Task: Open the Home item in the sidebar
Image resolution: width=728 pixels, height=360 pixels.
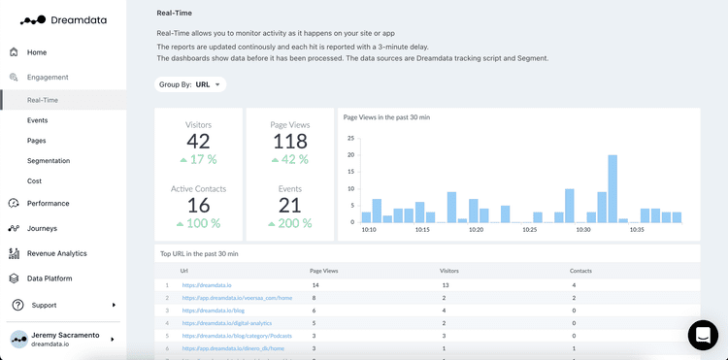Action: (36, 52)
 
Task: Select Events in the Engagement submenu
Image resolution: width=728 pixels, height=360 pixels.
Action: (37, 120)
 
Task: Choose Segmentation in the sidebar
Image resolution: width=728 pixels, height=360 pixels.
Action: (49, 161)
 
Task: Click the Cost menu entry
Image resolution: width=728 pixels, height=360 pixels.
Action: (34, 181)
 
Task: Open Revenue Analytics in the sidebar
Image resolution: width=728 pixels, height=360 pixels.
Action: (56, 253)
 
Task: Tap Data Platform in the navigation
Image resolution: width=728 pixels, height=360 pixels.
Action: (49, 278)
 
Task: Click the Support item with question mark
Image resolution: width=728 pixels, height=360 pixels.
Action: (44, 305)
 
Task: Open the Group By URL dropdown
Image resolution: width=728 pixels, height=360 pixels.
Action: (190, 84)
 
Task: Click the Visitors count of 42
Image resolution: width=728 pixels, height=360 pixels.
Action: (198, 142)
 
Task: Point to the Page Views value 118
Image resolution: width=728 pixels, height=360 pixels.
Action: (289, 142)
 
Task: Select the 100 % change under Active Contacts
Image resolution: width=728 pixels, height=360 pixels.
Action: (198, 224)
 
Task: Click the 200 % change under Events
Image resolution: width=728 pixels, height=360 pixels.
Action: (289, 224)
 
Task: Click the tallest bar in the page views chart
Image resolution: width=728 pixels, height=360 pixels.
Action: (612, 188)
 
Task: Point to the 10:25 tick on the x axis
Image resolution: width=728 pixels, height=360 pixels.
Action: (529, 230)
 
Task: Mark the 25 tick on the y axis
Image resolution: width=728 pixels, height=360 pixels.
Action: (350, 138)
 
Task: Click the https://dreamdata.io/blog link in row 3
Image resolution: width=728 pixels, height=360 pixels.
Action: (214, 311)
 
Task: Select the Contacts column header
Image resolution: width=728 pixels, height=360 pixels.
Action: (580, 271)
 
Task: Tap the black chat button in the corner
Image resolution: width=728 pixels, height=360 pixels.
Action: (703, 335)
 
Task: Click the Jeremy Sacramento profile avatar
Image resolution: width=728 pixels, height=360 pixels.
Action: (18, 339)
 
